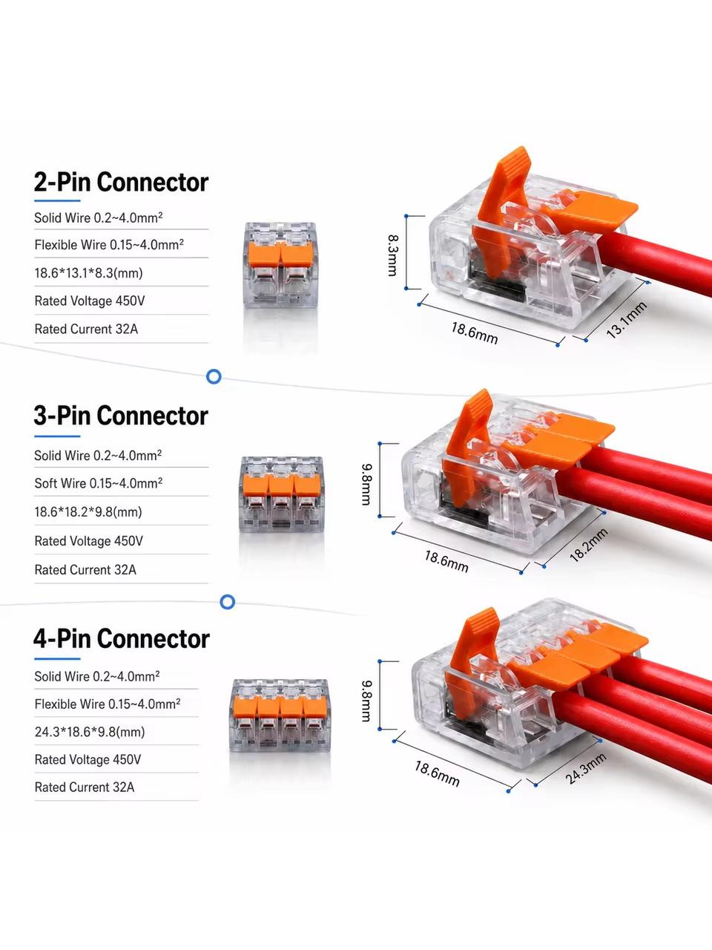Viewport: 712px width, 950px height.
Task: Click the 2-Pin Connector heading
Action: click(x=121, y=183)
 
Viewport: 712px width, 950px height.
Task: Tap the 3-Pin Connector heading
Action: click(x=121, y=416)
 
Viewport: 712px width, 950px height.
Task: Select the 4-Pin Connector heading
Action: click(x=122, y=639)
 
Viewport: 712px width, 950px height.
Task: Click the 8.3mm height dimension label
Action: click(x=392, y=255)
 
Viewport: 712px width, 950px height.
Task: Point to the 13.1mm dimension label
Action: click(x=627, y=320)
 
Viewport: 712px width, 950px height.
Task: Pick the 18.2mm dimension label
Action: click(x=589, y=546)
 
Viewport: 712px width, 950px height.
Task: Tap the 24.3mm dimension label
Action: click(x=585, y=769)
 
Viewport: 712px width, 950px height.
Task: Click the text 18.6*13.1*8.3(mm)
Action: click(x=88, y=273)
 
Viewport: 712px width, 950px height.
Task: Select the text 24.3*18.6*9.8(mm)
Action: click(x=90, y=732)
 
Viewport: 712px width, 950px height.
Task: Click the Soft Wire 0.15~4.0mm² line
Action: click(x=99, y=483)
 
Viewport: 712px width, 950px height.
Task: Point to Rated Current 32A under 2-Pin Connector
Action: click(x=87, y=329)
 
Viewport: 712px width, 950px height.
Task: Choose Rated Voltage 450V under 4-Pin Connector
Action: click(x=88, y=759)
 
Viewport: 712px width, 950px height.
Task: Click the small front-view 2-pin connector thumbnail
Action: click(x=280, y=265)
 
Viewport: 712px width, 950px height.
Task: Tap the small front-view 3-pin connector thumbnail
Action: click(x=281, y=494)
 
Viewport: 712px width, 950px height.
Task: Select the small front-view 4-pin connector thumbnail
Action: click(x=280, y=715)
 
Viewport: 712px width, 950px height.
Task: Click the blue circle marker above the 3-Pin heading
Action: click(x=214, y=376)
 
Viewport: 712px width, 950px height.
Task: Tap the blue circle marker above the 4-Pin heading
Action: click(x=228, y=602)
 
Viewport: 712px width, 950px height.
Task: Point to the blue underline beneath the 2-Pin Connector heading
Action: click(x=58, y=201)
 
